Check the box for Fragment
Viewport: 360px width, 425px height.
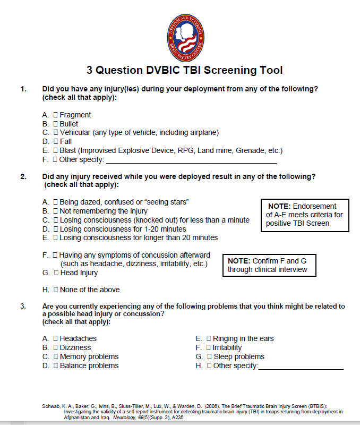click(x=55, y=115)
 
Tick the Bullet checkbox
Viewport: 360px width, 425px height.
click(x=55, y=124)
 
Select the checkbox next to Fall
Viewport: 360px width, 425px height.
click(x=55, y=142)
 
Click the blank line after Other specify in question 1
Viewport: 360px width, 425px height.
click(x=191, y=160)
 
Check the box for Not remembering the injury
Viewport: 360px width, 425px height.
click(x=55, y=211)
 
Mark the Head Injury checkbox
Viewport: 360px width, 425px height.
click(x=56, y=273)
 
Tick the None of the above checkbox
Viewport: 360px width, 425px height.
click(x=55, y=290)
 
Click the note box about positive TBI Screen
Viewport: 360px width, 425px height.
click(x=305, y=215)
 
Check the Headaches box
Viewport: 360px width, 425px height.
click(x=55, y=338)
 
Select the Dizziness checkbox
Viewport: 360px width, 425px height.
click(x=55, y=347)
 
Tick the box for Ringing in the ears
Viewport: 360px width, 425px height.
click(x=209, y=338)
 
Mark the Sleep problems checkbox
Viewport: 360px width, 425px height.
click(x=209, y=356)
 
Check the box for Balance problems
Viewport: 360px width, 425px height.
click(x=55, y=365)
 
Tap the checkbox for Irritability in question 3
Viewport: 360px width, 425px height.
click(x=209, y=347)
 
